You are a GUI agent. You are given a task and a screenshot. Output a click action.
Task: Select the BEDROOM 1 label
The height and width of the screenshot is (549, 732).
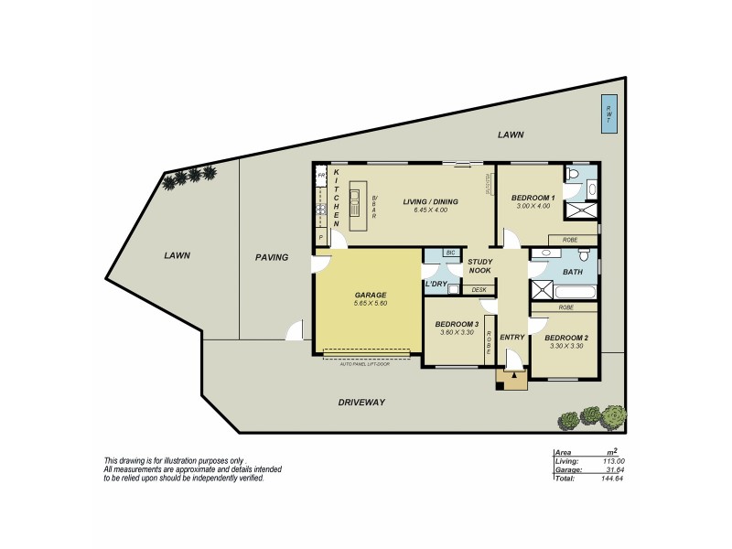point(533,198)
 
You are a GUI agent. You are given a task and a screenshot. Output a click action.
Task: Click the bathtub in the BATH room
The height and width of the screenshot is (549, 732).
point(576,294)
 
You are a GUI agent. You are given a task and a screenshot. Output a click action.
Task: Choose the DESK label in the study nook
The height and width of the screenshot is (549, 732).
point(479,290)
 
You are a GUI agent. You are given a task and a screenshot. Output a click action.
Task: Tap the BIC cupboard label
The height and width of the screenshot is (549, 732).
point(450,252)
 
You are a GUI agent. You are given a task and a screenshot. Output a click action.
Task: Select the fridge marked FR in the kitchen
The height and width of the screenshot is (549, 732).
point(322,174)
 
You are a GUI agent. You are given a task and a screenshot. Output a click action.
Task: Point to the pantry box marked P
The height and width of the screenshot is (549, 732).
point(321,237)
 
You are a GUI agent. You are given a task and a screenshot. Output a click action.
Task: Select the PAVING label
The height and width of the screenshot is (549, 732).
point(272,257)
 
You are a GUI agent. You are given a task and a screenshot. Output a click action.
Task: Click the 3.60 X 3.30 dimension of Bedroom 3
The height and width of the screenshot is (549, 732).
point(457,333)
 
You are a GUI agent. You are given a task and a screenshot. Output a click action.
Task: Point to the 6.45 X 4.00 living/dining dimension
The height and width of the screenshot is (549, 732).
point(430,210)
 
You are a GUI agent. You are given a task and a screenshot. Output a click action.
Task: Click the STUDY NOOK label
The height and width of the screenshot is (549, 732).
point(479,266)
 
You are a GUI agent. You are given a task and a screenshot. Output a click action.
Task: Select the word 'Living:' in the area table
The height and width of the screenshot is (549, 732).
point(567,462)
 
